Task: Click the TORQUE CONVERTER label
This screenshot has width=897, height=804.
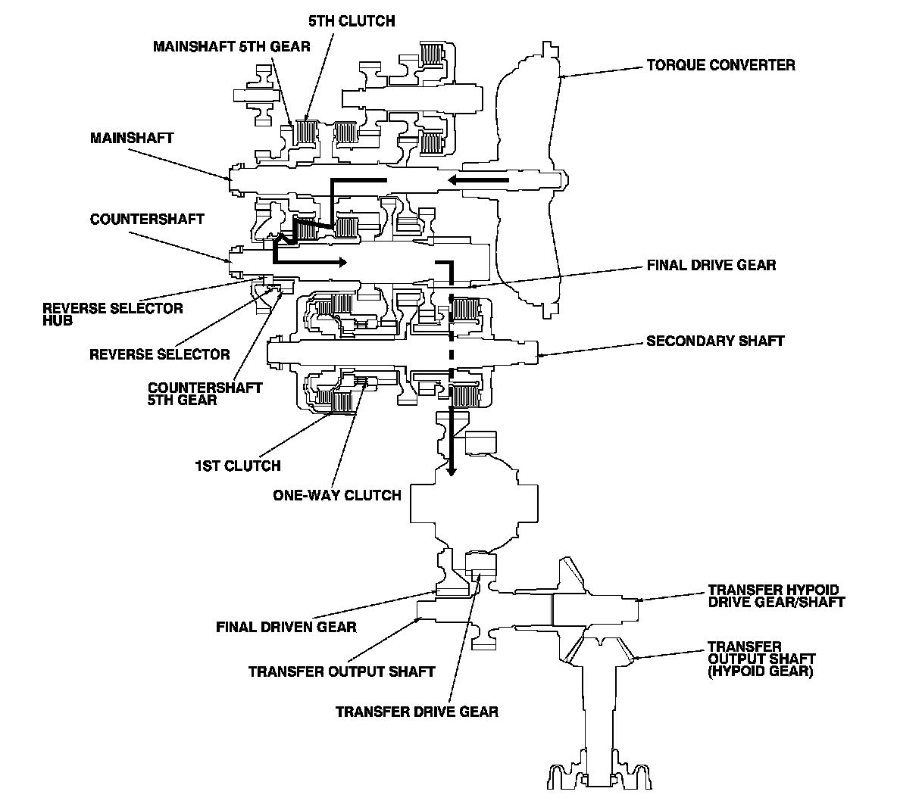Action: [720, 65]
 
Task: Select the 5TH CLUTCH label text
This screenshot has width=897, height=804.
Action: [352, 21]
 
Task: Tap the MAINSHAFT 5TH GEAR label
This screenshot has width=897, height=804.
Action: [232, 46]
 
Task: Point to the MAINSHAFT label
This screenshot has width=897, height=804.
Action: [132, 138]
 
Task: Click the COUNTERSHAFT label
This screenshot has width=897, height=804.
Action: [147, 219]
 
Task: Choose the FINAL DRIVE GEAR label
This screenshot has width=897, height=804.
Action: [711, 265]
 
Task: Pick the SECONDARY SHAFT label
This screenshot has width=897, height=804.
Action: [715, 341]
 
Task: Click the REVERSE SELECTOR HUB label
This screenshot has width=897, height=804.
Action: [113, 314]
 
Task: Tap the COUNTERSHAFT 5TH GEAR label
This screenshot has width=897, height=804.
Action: [205, 394]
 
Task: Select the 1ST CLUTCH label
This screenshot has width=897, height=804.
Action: [238, 466]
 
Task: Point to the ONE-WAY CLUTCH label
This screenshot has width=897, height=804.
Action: [337, 495]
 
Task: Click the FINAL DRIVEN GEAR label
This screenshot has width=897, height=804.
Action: [286, 628]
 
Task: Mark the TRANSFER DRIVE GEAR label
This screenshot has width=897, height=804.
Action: [417, 712]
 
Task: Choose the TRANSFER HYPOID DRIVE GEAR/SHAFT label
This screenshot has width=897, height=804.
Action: [777, 596]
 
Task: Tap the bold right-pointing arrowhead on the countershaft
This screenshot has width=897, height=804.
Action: [340, 263]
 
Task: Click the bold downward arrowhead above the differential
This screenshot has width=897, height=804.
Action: [452, 471]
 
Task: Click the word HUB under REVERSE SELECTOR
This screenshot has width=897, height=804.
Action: [58, 321]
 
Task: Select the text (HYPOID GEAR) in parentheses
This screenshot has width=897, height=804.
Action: [761, 672]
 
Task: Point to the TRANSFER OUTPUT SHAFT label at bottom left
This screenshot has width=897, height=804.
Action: [342, 672]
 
